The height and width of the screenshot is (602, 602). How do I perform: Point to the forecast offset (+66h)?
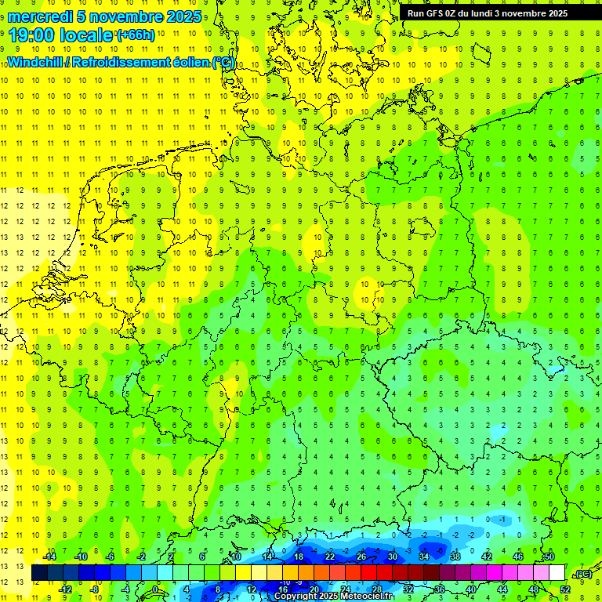pos(135,35)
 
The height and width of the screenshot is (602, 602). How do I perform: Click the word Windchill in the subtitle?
pos(34,62)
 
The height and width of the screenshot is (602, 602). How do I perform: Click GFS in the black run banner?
pos(437,13)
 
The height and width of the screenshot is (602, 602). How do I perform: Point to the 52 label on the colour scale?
pos(565,589)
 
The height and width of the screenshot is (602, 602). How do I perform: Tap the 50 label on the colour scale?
pos(549,556)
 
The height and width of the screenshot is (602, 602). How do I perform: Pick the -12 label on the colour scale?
pos(65,589)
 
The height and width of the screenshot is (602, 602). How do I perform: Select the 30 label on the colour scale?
pos(393,556)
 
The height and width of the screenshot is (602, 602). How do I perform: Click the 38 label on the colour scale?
pos(455,556)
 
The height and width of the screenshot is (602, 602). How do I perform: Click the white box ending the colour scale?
pos(557,572)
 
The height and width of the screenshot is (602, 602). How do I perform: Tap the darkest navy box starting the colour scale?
pos(40,572)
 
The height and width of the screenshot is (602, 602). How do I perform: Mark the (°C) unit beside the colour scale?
pos(582,574)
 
